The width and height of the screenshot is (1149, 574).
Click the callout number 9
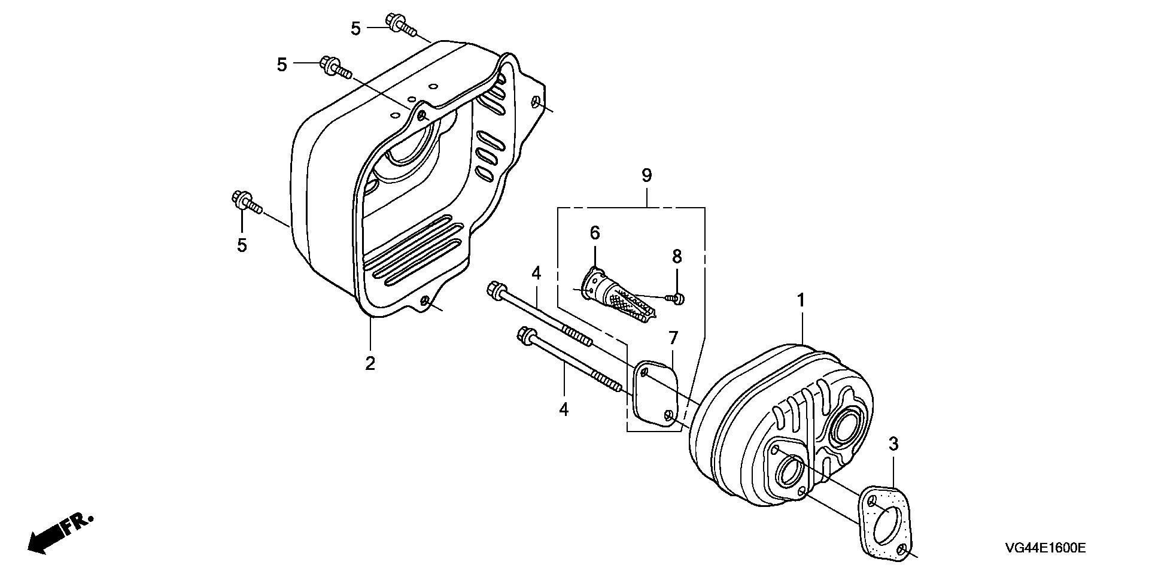[x=646, y=176]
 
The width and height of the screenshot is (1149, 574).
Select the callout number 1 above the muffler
[x=801, y=300]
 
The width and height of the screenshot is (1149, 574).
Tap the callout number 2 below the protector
[x=370, y=363]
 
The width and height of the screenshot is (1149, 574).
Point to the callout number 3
[x=893, y=444]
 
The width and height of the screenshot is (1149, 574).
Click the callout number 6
[x=594, y=233]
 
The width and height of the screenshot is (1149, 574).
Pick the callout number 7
[x=673, y=338]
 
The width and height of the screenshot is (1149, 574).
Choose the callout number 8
[x=677, y=257]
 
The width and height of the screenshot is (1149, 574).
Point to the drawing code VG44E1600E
[x=1045, y=548]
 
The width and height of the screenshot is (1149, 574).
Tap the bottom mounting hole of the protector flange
[x=425, y=302]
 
